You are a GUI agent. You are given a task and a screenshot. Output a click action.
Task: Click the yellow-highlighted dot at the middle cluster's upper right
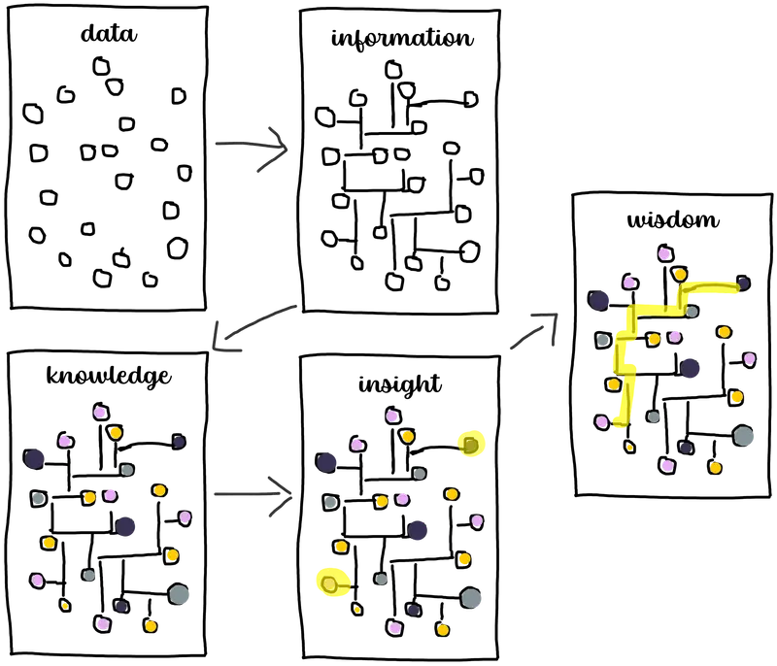click(x=471, y=445)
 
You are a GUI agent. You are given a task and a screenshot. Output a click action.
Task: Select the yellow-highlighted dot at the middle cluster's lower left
click(x=330, y=583)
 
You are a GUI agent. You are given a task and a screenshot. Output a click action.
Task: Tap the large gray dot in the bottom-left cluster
click(x=179, y=594)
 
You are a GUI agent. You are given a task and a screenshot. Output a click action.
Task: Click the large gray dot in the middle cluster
click(x=471, y=598)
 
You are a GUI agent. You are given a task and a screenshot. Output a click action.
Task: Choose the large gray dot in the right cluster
click(x=744, y=436)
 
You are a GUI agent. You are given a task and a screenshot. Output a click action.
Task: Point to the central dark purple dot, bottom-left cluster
click(x=126, y=527)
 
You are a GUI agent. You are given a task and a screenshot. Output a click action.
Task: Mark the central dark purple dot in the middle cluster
click(x=419, y=531)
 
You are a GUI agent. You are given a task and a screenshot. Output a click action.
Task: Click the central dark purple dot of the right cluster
click(x=691, y=368)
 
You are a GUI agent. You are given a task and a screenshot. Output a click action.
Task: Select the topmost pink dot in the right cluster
click(x=664, y=254)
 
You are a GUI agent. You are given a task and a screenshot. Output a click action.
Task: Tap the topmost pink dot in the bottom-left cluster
click(x=99, y=413)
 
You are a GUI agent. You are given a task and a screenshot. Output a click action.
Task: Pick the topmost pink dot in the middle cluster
click(x=391, y=416)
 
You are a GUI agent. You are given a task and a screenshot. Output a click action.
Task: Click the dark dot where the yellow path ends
click(x=743, y=283)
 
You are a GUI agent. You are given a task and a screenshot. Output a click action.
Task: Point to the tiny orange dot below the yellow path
click(x=629, y=448)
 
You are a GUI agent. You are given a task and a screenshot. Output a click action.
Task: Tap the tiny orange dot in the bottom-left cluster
click(x=65, y=606)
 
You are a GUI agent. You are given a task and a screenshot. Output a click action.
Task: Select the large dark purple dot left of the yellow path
click(x=599, y=300)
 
